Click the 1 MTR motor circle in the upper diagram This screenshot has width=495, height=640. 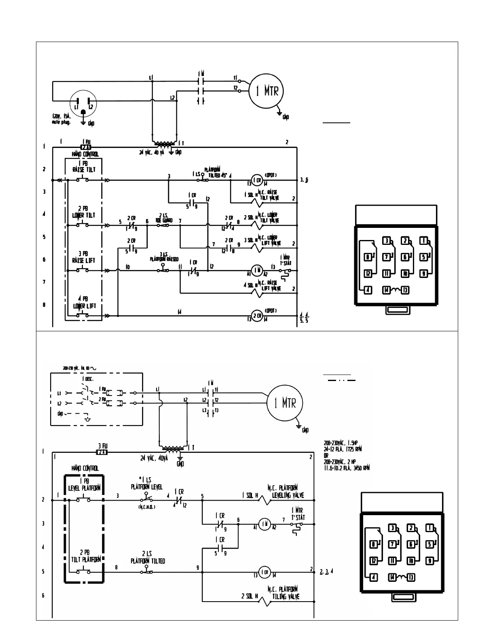[266, 91]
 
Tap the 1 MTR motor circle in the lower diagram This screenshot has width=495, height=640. [286, 403]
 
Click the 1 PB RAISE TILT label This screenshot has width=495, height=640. [84, 167]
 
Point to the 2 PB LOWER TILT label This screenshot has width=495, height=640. [83, 212]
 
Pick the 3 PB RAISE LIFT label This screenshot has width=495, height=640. [83, 257]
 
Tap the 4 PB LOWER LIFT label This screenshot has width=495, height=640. [84, 303]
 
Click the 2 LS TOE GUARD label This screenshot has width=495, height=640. [164, 218]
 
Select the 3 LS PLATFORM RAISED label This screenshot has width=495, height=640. [163, 257]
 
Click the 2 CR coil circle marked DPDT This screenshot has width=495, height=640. [257, 316]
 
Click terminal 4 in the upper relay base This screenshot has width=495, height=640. [368, 290]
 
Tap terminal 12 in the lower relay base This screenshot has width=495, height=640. [373, 561]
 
